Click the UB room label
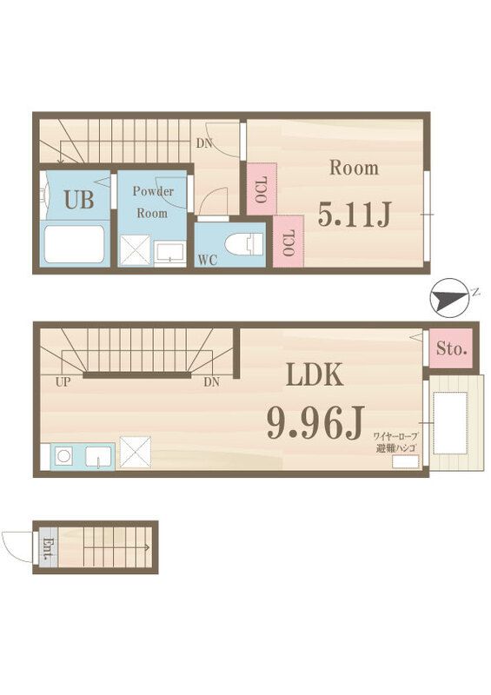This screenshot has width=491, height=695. (x=77, y=201)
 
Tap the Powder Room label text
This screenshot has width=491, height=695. (x=153, y=202)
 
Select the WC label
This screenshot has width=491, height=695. (x=207, y=259)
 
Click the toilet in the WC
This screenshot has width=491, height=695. (x=242, y=244)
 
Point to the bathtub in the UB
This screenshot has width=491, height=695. (x=75, y=243)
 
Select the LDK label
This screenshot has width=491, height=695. (x=315, y=375)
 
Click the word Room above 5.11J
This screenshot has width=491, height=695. (x=354, y=168)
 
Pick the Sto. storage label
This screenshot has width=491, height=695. (x=451, y=350)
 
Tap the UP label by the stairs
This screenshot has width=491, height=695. (x=63, y=381)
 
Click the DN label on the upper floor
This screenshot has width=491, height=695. (x=205, y=143)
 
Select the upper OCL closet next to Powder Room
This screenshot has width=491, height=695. (x=261, y=189)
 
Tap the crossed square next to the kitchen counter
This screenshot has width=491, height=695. (x=135, y=452)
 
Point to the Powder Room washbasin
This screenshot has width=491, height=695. (x=169, y=252)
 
